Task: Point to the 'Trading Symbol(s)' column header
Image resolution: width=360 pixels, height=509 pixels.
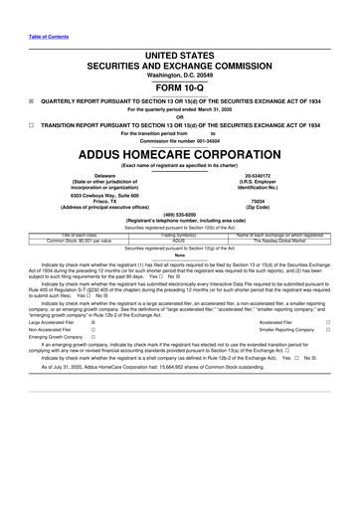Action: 179,235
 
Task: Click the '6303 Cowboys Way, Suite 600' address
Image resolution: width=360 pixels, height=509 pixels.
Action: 97,197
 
